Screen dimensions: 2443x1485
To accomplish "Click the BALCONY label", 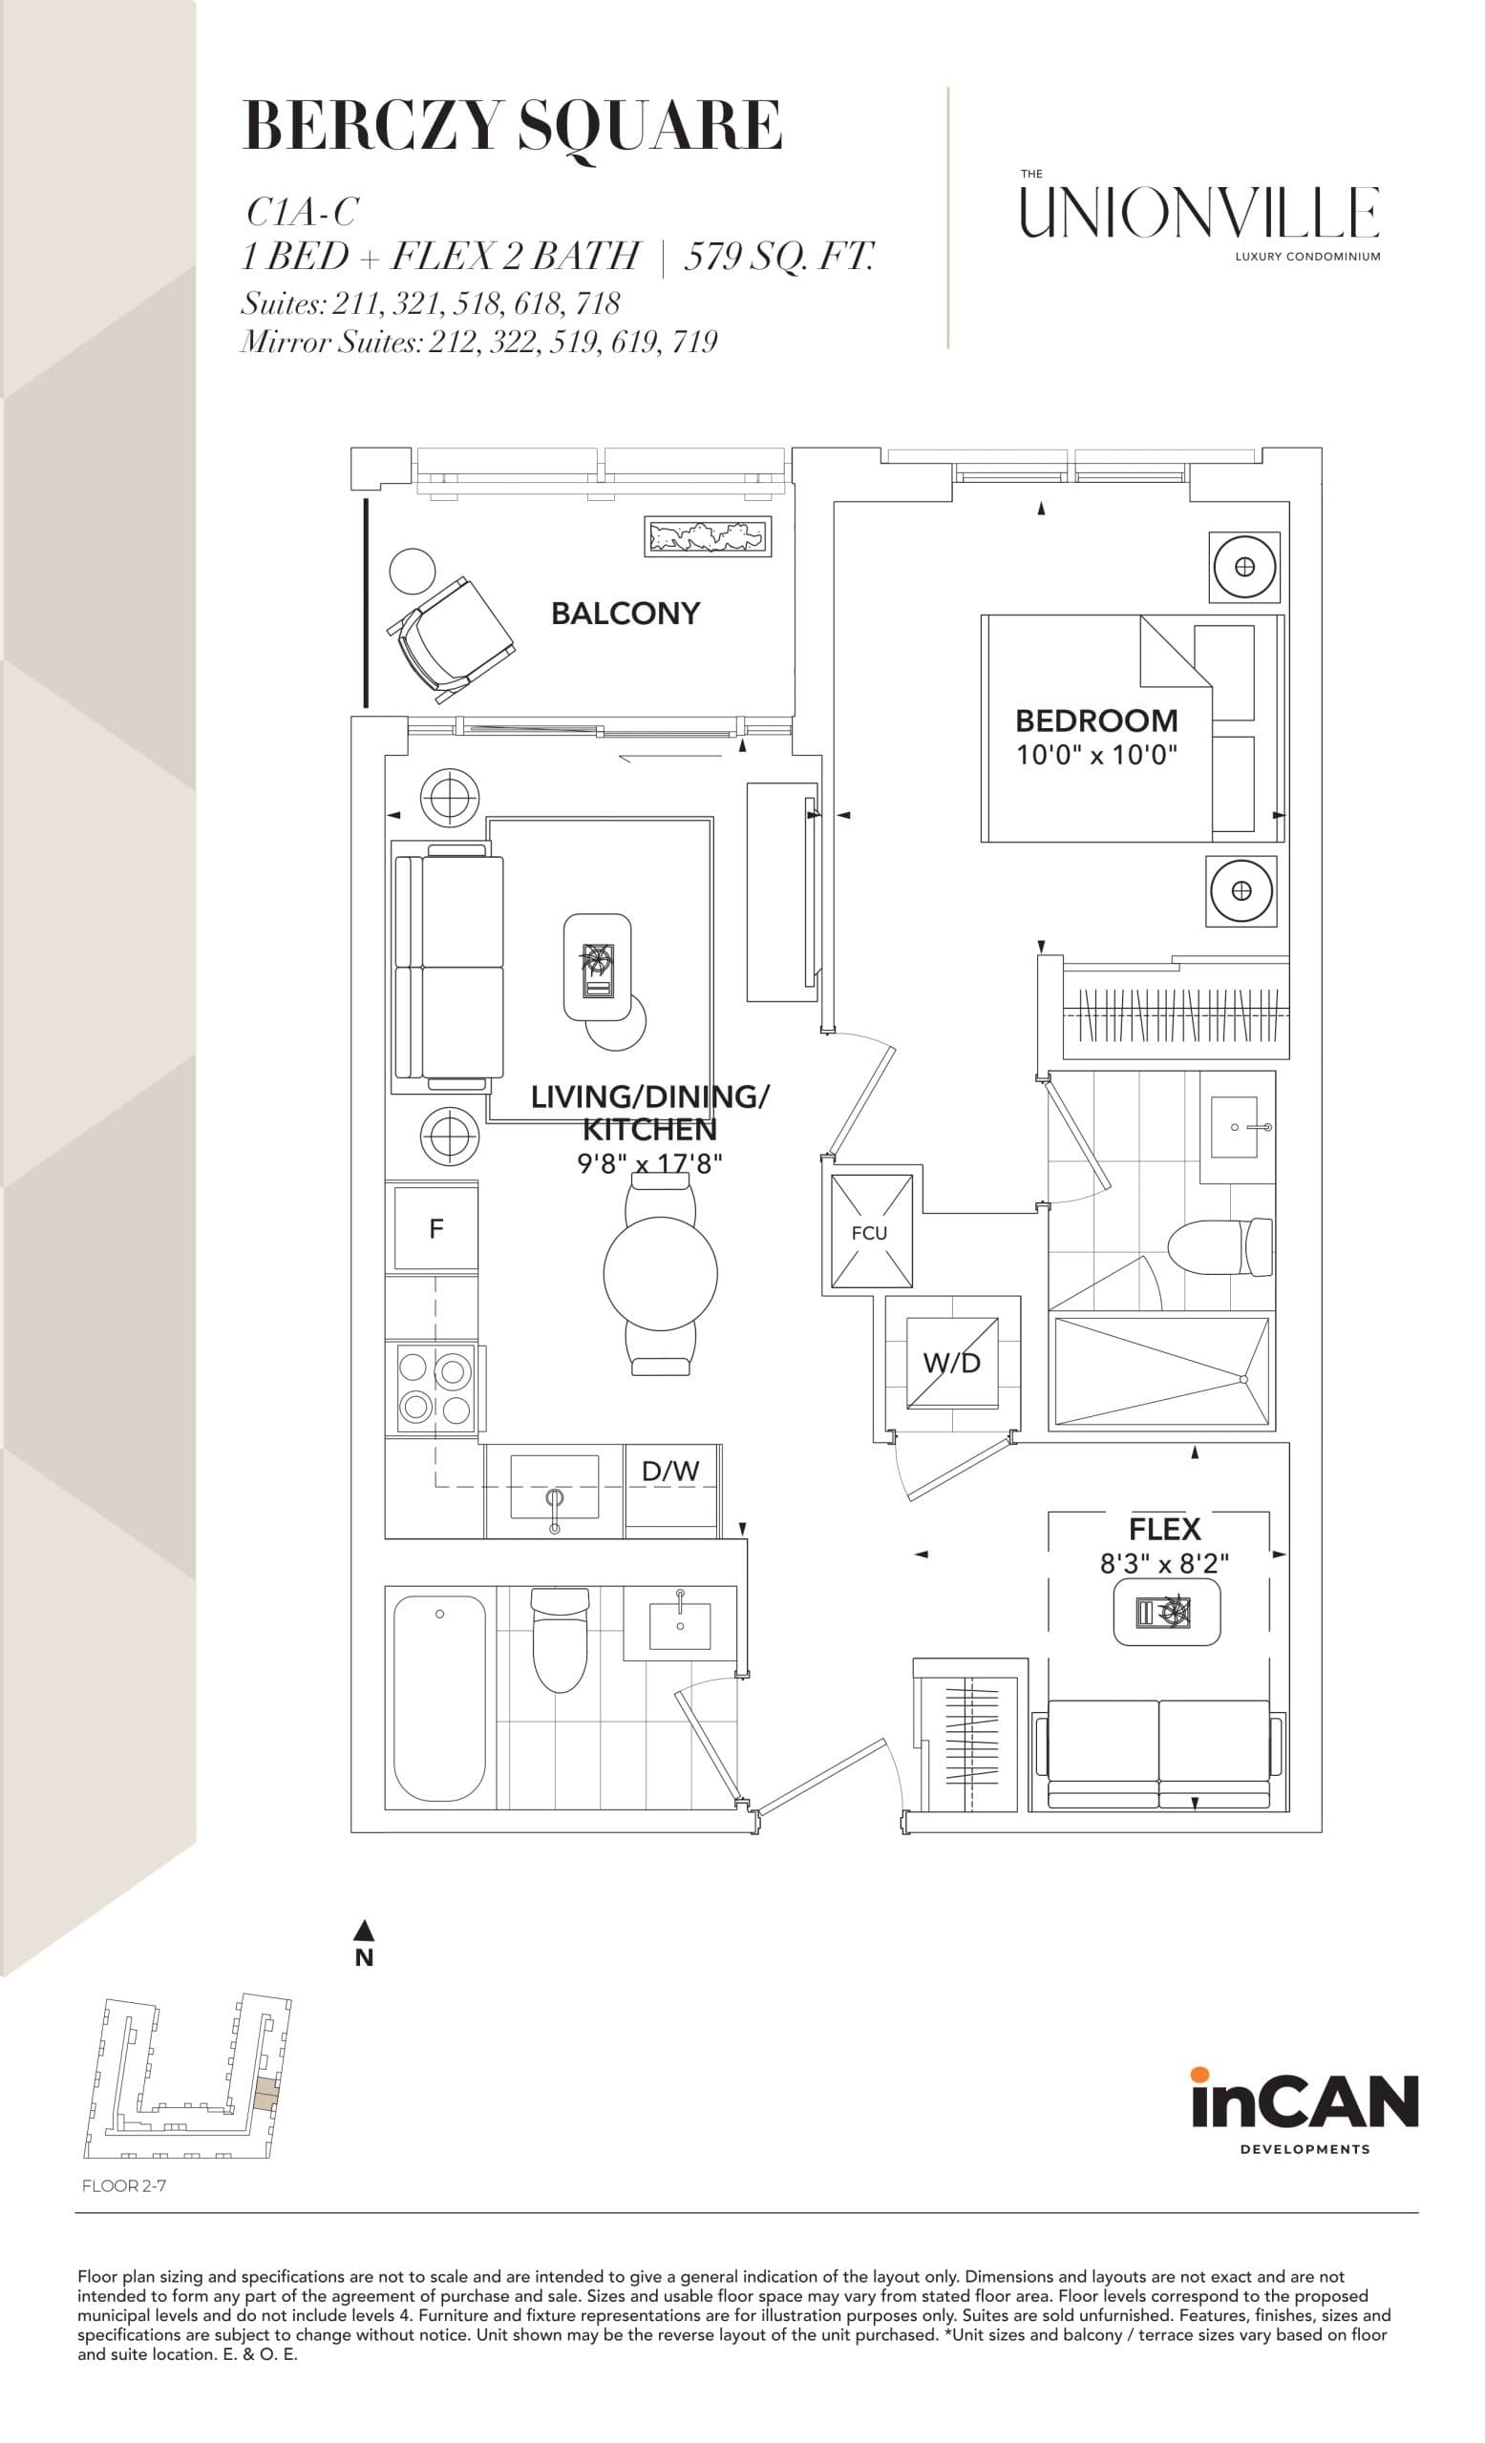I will [625, 614].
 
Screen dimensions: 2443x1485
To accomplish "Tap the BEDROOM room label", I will [1095, 720].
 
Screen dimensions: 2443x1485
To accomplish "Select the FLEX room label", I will [1163, 1529].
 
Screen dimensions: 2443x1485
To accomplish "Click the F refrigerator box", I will [435, 1228].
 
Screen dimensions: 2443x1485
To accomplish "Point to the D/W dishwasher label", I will [670, 1472].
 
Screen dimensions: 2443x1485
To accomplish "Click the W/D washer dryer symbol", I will [951, 1363].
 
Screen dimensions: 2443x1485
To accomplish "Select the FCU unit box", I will [870, 1231].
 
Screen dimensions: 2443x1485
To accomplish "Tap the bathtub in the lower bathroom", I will [438, 1696].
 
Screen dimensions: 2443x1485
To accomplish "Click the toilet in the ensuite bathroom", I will [1220, 1247].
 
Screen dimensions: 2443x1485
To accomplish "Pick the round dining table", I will [660, 1273].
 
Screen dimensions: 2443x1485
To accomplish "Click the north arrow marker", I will [364, 1931].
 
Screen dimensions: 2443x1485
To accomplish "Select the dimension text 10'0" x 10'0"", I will [1095, 756].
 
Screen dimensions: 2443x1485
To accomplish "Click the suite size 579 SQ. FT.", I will [778, 257].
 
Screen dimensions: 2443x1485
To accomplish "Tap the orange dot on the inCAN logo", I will [1200, 2073].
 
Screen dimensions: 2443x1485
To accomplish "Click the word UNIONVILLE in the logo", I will [1199, 212].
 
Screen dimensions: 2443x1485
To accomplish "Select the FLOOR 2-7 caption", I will [124, 2185].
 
